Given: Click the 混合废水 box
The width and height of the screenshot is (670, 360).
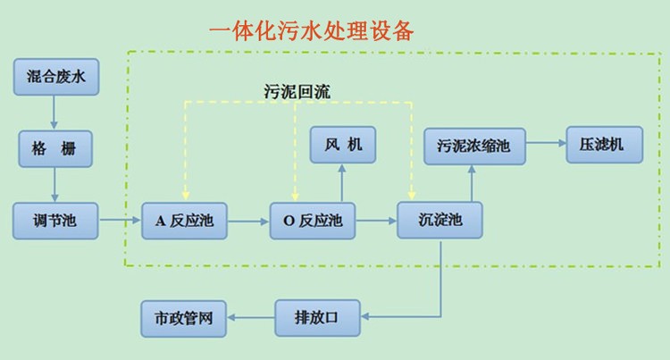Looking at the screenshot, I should click(55, 77).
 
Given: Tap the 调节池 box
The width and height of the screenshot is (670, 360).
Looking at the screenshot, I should click(55, 220).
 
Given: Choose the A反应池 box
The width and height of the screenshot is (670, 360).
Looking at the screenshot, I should click(184, 220).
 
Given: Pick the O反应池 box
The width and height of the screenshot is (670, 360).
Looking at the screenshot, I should click(313, 220).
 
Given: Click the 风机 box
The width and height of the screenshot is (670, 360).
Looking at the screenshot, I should click(343, 145).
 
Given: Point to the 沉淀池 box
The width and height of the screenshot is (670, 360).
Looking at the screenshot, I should click(440, 220).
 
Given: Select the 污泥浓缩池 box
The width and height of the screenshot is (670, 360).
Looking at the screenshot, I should click(474, 145).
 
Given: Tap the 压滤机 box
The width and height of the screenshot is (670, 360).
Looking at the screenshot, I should click(604, 145).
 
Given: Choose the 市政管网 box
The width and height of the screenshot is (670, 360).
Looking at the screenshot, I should click(184, 316).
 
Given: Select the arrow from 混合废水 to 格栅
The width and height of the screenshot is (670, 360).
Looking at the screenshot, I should click(55, 112).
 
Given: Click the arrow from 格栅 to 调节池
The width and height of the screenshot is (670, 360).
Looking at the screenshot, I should click(55, 183).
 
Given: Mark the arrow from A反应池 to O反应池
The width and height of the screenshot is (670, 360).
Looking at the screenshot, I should click(248, 220).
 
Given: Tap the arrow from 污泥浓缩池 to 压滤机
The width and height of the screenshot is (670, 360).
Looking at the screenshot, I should click(545, 142).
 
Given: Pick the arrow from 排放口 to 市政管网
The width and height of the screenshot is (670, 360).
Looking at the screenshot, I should click(250, 316).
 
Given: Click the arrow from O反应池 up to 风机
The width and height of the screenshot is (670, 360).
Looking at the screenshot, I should click(343, 182).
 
